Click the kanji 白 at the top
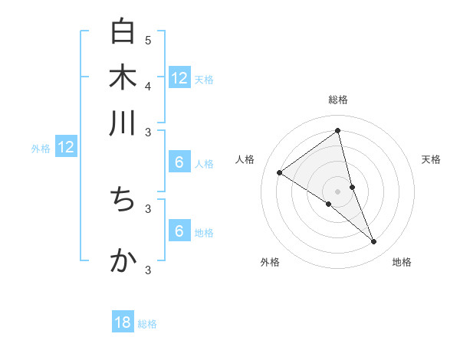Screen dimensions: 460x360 [x=123, y=33]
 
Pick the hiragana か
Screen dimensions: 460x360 [x=123, y=260]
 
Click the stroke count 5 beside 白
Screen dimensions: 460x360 [x=148, y=40]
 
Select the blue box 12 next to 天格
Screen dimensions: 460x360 [x=179, y=78]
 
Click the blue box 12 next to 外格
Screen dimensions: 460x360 [x=66, y=148]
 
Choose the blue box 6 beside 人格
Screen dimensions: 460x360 [x=179, y=162]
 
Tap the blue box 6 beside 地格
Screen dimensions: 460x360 [x=179, y=231]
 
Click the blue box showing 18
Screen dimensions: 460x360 [x=123, y=322]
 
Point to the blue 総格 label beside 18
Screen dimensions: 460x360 [x=147, y=324]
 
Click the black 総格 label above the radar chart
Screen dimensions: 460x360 [x=338, y=100]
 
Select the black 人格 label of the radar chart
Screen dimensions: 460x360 [x=245, y=159]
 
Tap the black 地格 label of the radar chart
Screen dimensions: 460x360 [x=402, y=263]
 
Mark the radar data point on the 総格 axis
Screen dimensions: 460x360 [x=338, y=131]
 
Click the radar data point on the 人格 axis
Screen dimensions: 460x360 [x=280, y=172]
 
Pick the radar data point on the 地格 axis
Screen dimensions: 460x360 [x=373, y=241]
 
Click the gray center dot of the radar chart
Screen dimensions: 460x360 [x=338, y=191]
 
